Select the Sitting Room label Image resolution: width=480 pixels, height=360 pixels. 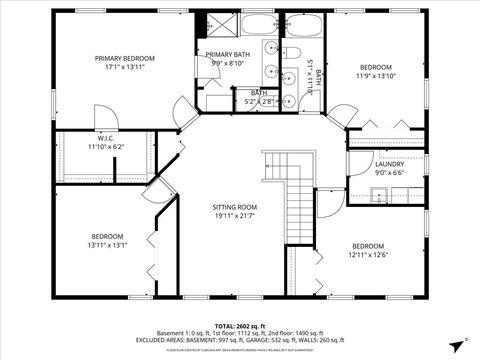point(235,207)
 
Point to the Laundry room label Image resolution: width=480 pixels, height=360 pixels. point(389,164)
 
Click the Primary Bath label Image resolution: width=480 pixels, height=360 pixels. point(228,54)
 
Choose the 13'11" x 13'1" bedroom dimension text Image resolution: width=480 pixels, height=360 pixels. point(107,245)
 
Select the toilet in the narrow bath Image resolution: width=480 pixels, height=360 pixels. point(295,53)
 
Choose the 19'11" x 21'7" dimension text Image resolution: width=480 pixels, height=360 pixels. point(235,216)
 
